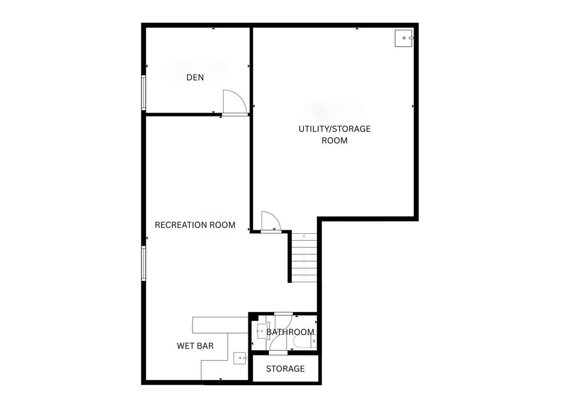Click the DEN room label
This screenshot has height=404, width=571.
(195, 77)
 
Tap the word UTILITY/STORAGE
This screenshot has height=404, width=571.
(334, 129)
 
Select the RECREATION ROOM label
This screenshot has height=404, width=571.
(195, 225)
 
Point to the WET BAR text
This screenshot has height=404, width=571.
(195, 346)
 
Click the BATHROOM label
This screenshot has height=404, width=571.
(290, 332)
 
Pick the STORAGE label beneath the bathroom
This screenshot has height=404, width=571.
(285, 369)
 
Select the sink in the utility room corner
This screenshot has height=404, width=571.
(404, 38)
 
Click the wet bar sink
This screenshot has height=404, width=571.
(240, 358)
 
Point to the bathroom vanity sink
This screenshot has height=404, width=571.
(263, 331)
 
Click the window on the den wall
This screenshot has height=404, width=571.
(143, 93)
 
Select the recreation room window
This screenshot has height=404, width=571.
(143, 263)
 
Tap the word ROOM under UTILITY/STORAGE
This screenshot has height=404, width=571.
(334, 141)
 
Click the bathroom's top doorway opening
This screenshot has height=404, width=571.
(283, 313)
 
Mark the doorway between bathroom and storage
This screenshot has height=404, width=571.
(278, 353)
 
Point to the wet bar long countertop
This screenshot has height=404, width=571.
(220, 325)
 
